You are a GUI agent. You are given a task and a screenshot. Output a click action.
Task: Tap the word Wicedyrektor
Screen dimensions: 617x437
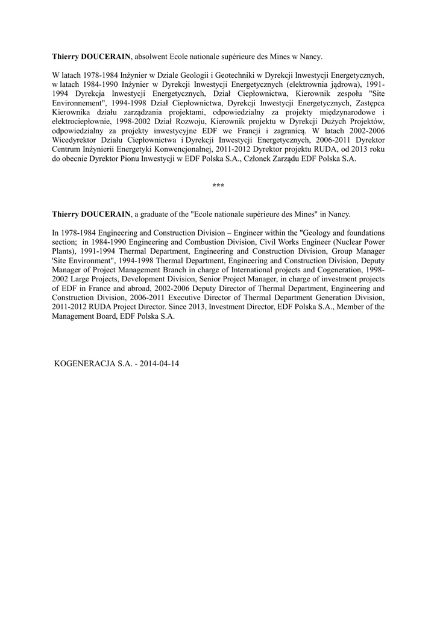pos(76,139)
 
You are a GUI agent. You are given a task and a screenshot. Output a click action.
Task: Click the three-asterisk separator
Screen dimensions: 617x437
pos(218,186)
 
